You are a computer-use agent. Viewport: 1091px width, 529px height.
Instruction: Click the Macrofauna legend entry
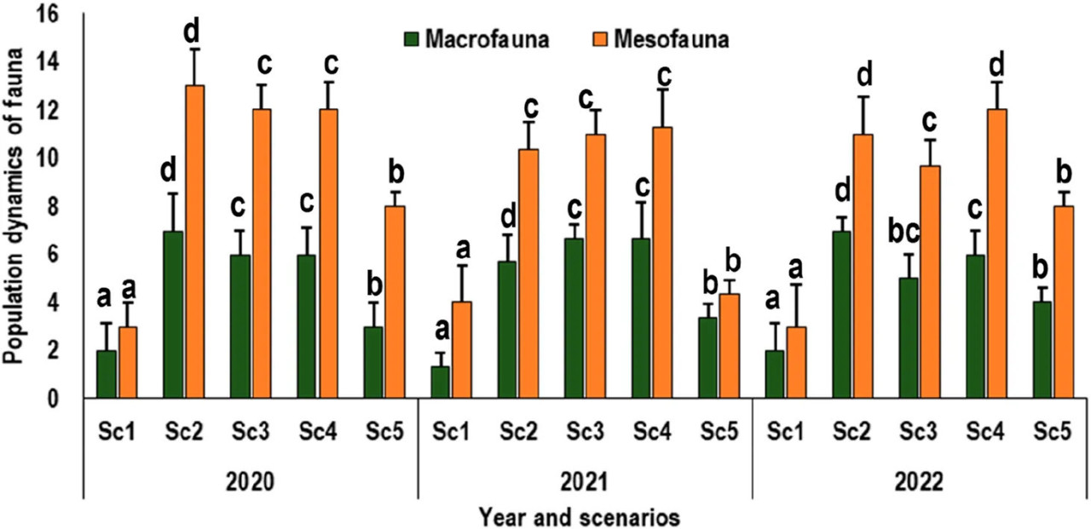click(477, 39)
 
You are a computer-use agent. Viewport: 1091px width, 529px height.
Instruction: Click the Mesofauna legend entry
click(661, 39)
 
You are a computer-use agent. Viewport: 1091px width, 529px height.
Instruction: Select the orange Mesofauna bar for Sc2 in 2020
click(194, 242)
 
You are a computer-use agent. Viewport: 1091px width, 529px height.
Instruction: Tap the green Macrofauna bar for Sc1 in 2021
click(441, 382)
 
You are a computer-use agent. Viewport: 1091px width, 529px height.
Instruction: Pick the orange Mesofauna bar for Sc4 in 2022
click(996, 254)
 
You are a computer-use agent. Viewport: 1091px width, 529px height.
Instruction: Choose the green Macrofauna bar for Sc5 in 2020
click(373, 363)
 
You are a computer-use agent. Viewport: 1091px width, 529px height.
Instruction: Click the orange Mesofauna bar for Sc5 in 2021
click(729, 346)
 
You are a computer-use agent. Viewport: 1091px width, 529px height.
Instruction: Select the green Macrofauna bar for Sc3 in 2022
click(909, 338)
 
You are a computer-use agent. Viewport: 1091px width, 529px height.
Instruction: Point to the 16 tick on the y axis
click(48, 14)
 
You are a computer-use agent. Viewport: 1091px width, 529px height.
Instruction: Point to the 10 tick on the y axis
click(48, 158)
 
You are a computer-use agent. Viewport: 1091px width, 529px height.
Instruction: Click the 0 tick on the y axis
click(52, 399)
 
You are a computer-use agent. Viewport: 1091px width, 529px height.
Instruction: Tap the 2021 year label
click(585, 482)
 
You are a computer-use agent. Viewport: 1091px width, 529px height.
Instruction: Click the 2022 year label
click(919, 482)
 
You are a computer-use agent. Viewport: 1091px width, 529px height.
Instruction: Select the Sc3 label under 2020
click(251, 432)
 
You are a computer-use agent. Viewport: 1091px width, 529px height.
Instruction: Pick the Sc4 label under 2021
click(652, 432)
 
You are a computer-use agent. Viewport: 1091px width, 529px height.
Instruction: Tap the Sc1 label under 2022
click(786, 432)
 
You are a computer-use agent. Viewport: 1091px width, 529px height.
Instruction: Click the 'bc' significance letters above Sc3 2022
click(904, 233)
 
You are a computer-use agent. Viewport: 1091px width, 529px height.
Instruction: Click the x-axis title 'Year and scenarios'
click(579, 517)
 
